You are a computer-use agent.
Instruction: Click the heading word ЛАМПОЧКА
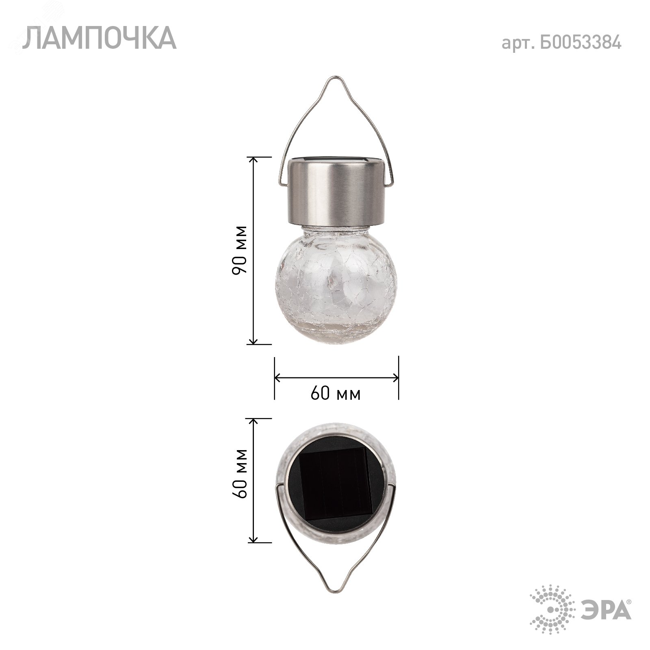tap(99, 39)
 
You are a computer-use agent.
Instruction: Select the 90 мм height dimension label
tap(239, 250)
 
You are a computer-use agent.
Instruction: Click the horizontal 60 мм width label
tap(336, 394)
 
